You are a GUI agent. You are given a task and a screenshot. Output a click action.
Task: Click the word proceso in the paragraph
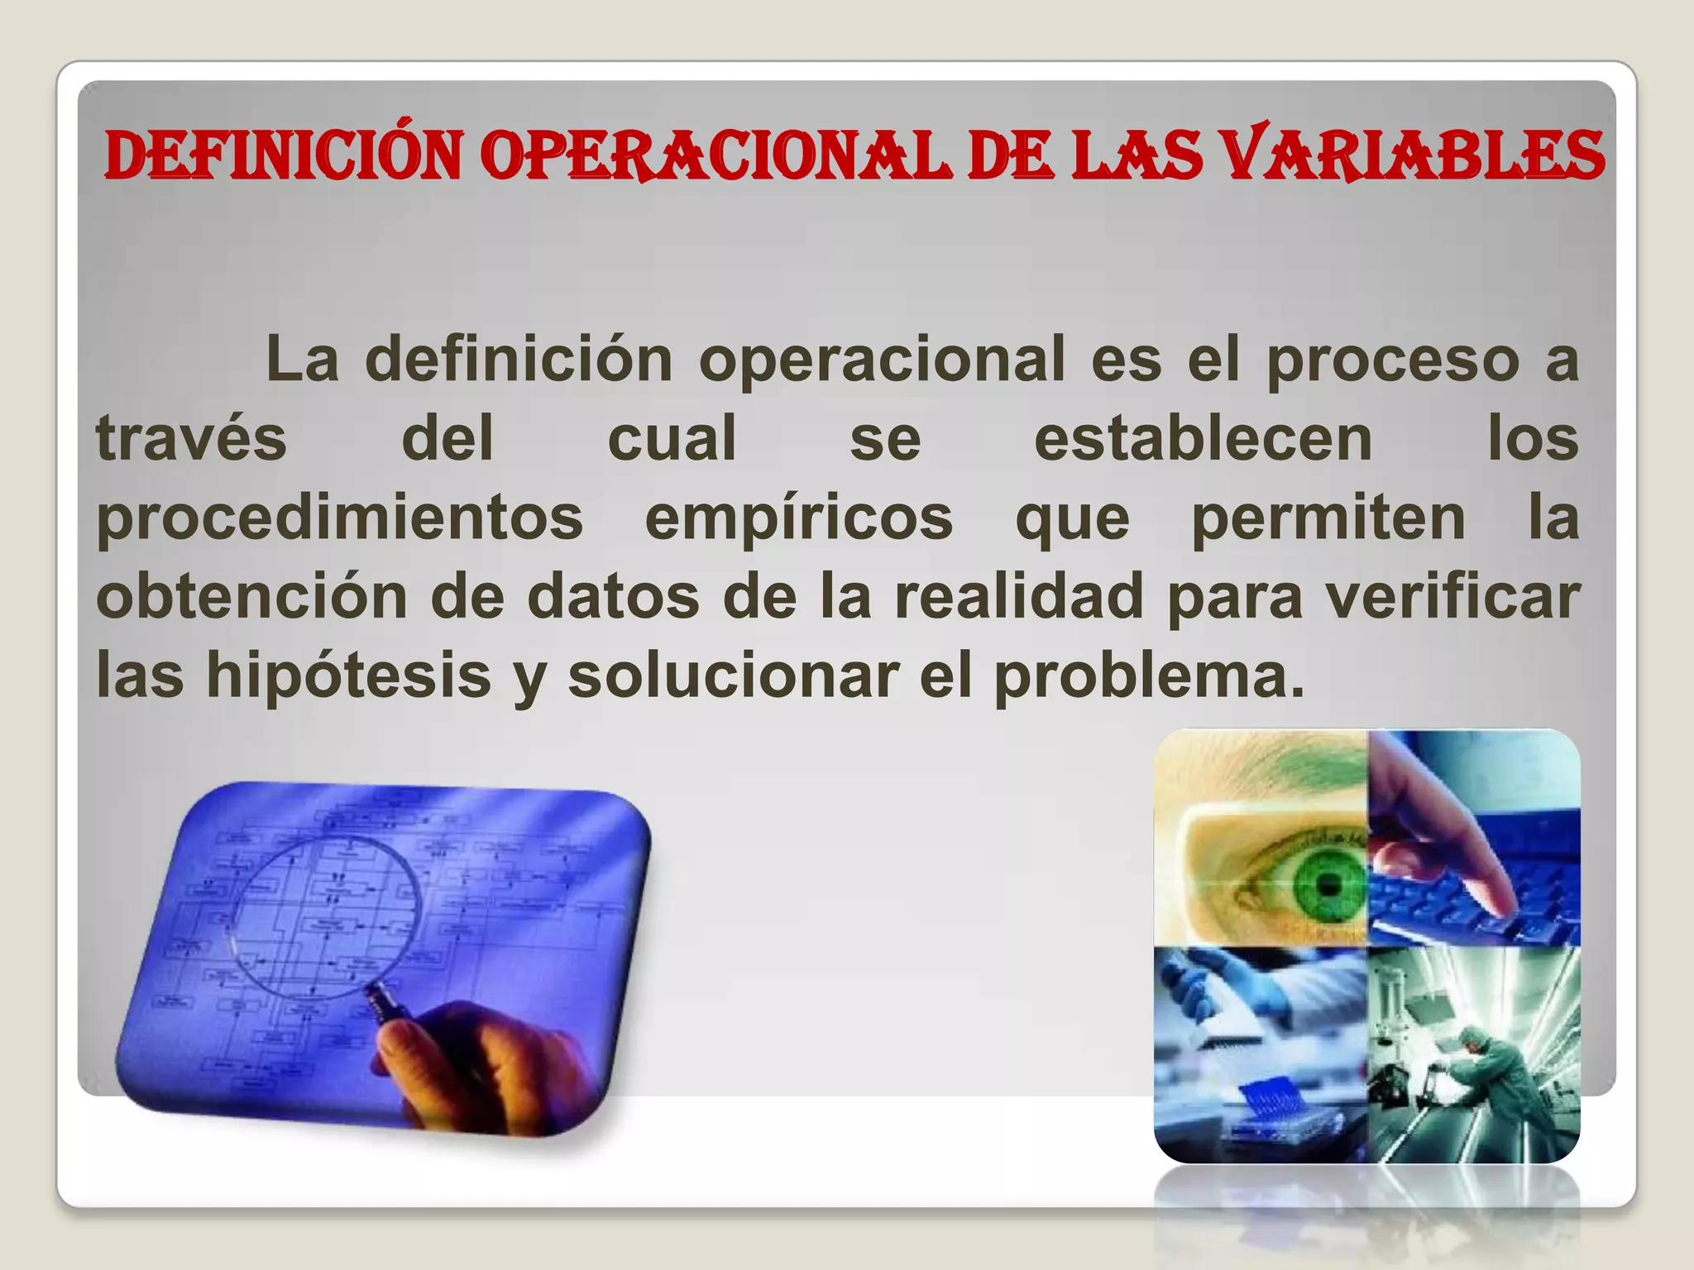(1393, 360)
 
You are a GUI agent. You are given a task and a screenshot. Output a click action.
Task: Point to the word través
(191, 438)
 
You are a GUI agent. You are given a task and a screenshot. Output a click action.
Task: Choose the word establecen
(1204, 438)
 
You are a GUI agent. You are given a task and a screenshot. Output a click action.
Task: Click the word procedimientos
(340, 519)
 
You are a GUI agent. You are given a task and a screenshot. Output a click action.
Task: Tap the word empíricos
(799, 519)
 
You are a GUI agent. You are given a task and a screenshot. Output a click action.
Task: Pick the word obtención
(251, 596)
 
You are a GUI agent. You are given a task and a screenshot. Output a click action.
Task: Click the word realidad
(1019, 596)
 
